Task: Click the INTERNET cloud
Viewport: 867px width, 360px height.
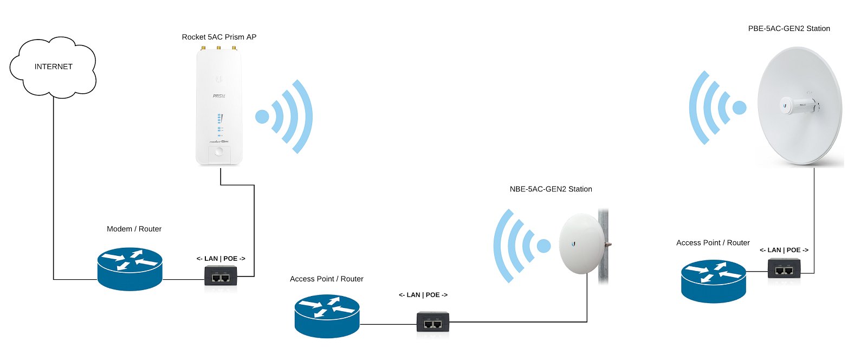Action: (x=53, y=67)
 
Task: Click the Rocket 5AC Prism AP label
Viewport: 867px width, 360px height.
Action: (x=219, y=37)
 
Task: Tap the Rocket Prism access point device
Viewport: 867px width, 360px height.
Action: (x=219, y=108)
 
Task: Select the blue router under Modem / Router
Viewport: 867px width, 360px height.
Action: (x=130, y=269)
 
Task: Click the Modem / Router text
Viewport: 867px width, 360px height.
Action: (x=134, y=229)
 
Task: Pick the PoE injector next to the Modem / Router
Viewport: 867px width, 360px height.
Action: (x=221, y=277)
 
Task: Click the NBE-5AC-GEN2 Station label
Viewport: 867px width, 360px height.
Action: (x=551, y=189)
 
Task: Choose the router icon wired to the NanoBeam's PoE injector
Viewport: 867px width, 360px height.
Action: (x=327, y=317)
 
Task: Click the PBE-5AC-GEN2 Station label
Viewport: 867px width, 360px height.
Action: (x=789, y=29)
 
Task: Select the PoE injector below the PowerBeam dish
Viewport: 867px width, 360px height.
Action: (x=784, y=269)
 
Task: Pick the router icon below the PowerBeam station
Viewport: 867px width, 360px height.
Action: (x=713, y=281)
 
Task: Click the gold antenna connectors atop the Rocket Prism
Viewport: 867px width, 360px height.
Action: (x=218, y=48)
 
